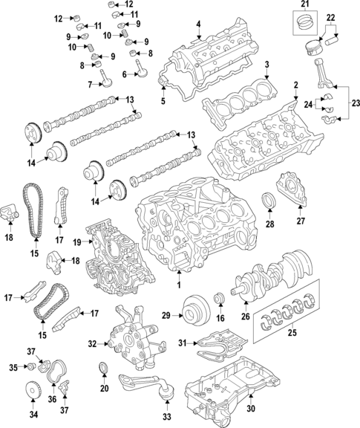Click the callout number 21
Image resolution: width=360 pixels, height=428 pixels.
click(x=306, y=4)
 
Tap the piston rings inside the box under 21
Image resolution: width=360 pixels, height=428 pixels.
click(x=306, y=22)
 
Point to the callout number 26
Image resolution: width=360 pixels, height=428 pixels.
click(x=246, y=316)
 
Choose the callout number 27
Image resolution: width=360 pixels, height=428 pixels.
click(x=301, y=221)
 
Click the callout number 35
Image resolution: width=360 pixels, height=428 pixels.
click(x=13, y=367)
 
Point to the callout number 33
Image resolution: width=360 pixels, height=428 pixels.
click(x=166, y=417)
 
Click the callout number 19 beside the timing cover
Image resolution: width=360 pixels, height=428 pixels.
click(x=77, y=241)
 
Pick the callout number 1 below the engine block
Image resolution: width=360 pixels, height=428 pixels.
click(x=179, y=285)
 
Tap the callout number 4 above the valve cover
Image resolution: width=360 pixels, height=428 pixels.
click(x=198, y=25)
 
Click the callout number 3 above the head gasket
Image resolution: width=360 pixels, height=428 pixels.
click(x=267, y=65)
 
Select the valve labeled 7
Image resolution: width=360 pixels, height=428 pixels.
click(x=105, y=79)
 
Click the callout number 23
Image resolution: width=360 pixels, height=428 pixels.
click(x=356, y=104)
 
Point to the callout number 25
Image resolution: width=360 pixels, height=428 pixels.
click(x=292, y=333)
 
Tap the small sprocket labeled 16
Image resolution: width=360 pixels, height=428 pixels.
click(x=220, y=299)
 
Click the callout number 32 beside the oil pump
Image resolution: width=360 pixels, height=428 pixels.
click(x=93, y=344)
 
